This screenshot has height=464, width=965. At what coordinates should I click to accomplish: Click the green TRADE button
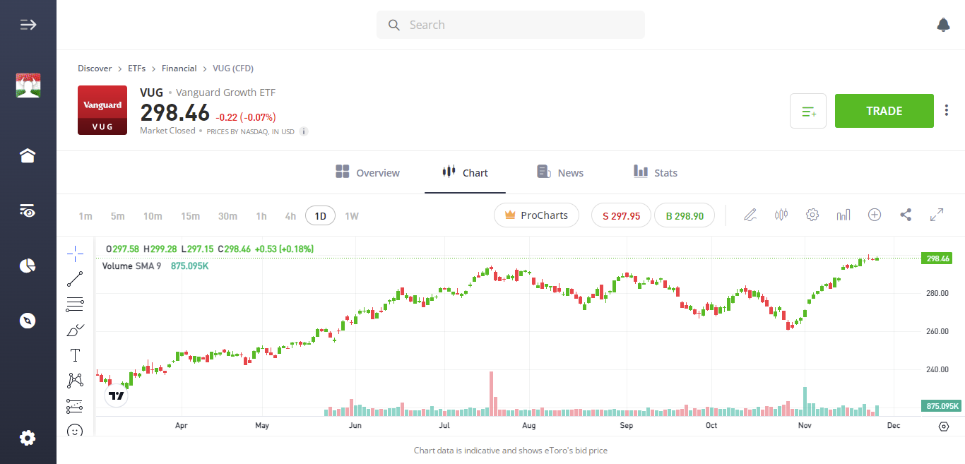pos(884,111)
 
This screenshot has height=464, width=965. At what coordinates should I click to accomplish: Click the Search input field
pos(510,25)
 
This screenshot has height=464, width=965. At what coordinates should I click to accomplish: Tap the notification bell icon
pos(943,25)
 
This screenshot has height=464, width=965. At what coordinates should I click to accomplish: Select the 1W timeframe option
pos(352,216)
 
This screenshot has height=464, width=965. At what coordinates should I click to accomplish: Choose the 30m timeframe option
pos(227,216)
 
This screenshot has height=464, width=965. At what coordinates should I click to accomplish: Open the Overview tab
pos(367,172)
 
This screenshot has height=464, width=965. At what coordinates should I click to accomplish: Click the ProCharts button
pos(536,215)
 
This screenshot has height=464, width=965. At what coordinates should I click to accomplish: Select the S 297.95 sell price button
pos(621,216)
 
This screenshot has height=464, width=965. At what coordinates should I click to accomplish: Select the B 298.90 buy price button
pos(684,216)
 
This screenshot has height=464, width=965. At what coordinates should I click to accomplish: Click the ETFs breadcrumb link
pos(136,69)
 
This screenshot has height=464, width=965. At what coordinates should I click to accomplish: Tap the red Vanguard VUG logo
pos(102,110)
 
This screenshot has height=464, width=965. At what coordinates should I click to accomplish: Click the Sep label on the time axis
pos(626,426)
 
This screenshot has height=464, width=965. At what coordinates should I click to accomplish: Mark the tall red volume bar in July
pos(490,392)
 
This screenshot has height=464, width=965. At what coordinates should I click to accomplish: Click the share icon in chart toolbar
pos(906,215)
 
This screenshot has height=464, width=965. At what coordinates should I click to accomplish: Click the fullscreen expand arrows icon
pos(937,215)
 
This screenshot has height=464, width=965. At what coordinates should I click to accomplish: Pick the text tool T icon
pos(75,355)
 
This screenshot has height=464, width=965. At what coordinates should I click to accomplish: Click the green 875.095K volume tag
pos(942,406)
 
